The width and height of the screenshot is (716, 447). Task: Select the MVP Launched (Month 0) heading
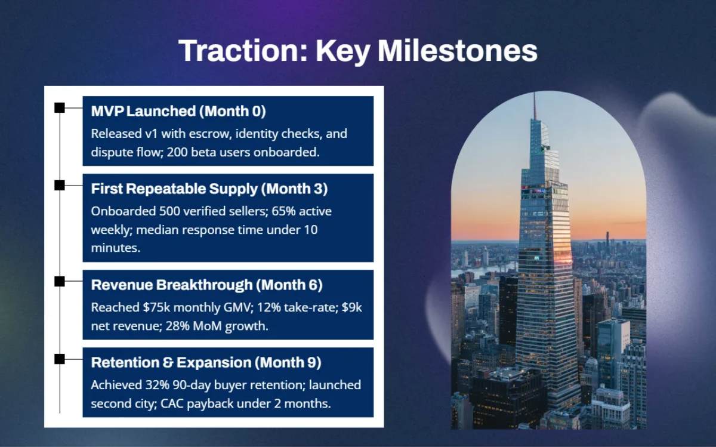(178, 111)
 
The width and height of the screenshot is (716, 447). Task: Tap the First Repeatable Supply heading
(209, 189)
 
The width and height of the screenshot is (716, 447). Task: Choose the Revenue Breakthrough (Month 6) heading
(206, 285)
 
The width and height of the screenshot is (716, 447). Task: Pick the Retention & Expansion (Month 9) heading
(206, 362)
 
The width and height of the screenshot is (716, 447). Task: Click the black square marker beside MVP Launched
(60, 108)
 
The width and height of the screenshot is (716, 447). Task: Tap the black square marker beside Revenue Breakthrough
(60, 282)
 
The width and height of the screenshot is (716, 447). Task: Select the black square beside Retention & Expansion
(60, 359)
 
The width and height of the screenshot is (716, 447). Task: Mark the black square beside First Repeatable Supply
(60, 186)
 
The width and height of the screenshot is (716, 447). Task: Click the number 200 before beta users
(177, 152)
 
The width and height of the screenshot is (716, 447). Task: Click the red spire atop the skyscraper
(534, 106)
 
